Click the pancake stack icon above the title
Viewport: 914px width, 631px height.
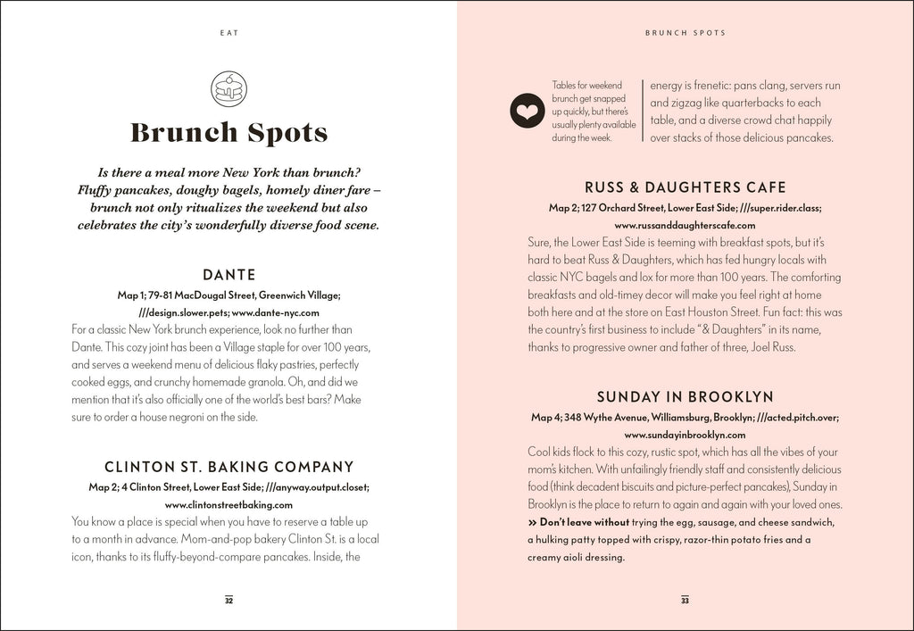click(228, 88)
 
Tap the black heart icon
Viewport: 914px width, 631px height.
click(527, 112)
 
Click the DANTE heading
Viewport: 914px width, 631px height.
click(228, 275)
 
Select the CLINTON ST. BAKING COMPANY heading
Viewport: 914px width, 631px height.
click(228, 467)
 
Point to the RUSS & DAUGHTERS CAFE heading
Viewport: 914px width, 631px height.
click(685, 187)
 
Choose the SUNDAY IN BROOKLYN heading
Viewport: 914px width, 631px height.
click(685, 396)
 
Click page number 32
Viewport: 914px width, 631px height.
click(228, 600)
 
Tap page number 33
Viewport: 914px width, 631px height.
click(685, 600)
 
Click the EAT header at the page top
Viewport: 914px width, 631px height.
click(228, 33)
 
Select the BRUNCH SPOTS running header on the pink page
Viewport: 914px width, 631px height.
click(685, 33)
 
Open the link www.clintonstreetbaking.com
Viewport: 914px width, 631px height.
click(228, 504)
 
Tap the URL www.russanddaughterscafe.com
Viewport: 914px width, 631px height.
click(685, 226)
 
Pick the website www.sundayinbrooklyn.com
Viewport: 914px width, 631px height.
click(685, 435)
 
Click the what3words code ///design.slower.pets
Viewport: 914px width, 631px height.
click(184, 313)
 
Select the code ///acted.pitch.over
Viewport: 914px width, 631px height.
click(797, 417)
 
